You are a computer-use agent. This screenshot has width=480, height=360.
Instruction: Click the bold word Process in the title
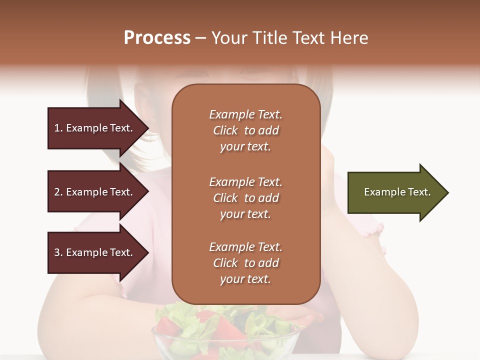click(157, 38)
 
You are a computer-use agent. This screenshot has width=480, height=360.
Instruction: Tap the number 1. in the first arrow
click(58, 128)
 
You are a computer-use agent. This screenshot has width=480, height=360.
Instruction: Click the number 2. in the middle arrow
click(58, 192)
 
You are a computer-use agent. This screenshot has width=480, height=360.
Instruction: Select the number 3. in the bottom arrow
click(58, 252)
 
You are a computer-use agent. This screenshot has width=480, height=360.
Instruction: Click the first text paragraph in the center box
click(245, 130)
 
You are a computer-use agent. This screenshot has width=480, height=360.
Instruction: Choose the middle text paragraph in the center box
click(245, 198)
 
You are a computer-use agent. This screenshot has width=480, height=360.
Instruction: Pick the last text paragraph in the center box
click(245, 263)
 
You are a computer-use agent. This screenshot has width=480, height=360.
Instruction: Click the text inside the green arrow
click(397, 192)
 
